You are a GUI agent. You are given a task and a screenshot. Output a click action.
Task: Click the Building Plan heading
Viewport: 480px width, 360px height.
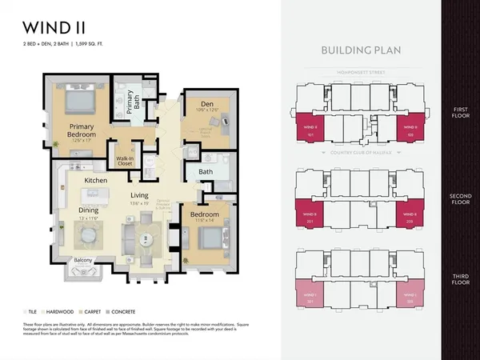click(362, 50)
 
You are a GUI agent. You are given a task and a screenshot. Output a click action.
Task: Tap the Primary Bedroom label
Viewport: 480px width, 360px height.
click(82, 130)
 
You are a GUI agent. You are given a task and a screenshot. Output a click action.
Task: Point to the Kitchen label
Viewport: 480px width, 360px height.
click(95, 181)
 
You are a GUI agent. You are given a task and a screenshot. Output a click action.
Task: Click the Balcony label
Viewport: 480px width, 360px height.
click(84, 260)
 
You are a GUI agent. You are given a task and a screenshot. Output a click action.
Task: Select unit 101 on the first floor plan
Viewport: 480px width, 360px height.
click(311, 129)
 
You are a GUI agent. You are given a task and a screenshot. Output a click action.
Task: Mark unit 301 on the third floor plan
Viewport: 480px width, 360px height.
click(311, 296)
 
